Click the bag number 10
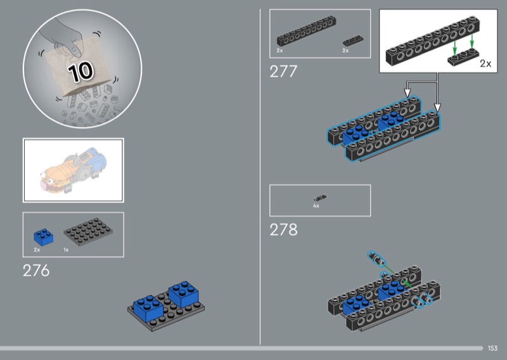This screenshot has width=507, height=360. pos(80,71)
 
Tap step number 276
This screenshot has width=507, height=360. pos(36,271)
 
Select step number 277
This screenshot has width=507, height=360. pos(283,71)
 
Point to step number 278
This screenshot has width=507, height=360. pos(283,229)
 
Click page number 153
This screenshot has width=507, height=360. pos(492,348)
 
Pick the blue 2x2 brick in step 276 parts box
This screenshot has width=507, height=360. pos(44,238)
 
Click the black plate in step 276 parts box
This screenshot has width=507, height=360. pos(88,231)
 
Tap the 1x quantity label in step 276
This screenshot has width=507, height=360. pos(66,250)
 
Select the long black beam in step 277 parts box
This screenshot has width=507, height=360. pos(306,30)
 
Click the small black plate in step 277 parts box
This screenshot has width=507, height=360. pos(353,41)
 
